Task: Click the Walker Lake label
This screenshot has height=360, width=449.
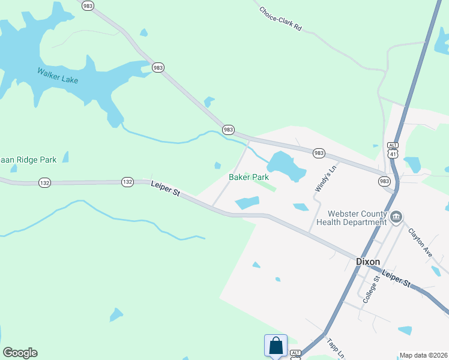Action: (58, 76)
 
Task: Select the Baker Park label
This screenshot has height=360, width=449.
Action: (249, 178)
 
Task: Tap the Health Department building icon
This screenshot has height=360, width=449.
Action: (396, 217)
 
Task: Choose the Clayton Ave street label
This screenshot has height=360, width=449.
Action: (420, 242)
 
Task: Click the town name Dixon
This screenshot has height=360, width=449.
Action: (368, 262)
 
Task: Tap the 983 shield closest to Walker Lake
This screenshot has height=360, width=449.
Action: (158, 68)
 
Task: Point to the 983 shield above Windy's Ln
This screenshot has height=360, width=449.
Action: (319, 154)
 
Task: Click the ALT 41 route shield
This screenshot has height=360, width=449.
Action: (393, 150)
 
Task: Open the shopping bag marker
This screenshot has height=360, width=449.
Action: (276, 346)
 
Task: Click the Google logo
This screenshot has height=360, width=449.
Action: (20, 353)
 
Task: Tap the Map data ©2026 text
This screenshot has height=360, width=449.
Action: (423, 355)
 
